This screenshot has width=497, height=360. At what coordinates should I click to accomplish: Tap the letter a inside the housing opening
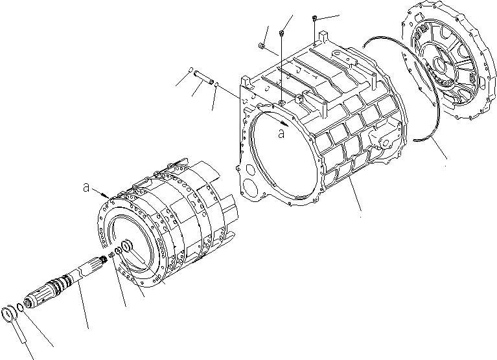click(281, 133)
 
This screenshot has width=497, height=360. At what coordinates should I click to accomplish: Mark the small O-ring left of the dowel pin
click(190, 71)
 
